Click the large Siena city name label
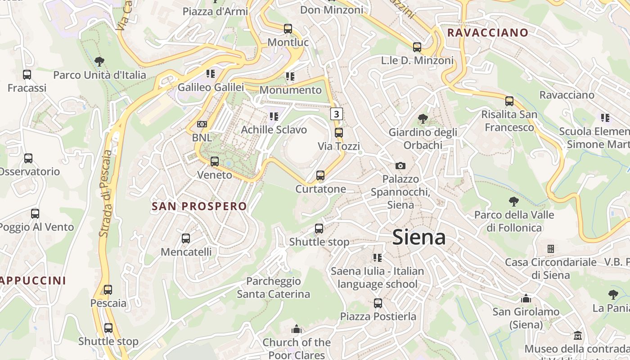[x=419, y=237]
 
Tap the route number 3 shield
[x=337, y=114]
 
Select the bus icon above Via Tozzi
[x=339, y=133]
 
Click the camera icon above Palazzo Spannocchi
[x=400, y=166]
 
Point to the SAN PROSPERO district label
[x=199, y=207]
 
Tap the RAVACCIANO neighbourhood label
[x=487, y=32]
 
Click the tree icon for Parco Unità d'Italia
[x=99, y=62]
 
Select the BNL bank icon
[x=202, y=124]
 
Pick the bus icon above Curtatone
[x=320, y=175]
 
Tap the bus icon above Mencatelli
[x=186, y=238]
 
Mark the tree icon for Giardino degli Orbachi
[x=423, y=119]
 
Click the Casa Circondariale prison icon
[x=550, y=249]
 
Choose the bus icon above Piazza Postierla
[x=378, y=303]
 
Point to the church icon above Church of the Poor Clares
[x=296, y=329]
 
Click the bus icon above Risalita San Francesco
[x=509, y=101]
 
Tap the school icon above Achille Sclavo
[x=274, y=117]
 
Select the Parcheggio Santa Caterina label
[x=274, y=288]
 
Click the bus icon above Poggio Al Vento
[x=35, y=214]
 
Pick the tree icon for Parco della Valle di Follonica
[x=514, y=202]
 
